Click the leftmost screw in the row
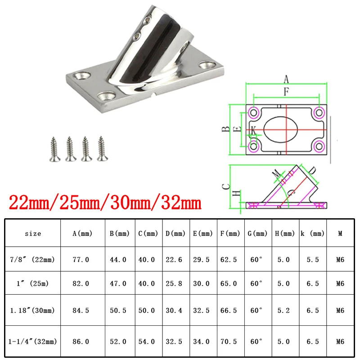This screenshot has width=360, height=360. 54,149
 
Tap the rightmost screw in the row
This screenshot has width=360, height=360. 103,148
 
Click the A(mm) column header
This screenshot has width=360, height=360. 82,234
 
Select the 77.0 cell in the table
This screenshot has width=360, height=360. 81,260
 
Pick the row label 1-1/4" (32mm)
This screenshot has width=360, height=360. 32,342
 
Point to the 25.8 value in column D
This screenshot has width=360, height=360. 174,283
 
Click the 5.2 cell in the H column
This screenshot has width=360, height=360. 283,310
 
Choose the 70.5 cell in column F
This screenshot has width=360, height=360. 229,342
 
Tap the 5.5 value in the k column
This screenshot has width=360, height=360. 313,260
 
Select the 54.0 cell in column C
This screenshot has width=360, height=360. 147,342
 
